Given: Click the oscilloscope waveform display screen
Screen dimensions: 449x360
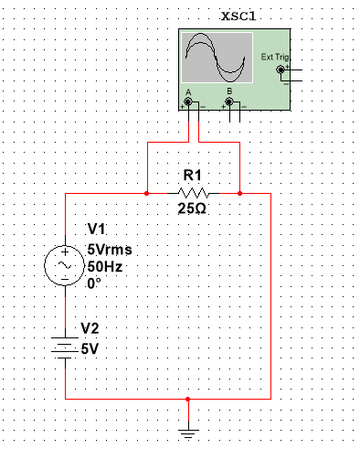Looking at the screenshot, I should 217,58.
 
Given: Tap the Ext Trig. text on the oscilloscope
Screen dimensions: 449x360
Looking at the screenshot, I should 273,57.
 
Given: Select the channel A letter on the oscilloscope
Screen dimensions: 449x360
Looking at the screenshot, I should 187,92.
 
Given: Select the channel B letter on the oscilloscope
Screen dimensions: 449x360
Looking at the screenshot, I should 229,92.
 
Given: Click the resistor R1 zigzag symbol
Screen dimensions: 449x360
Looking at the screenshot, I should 193,194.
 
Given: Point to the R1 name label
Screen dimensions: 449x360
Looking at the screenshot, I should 192,175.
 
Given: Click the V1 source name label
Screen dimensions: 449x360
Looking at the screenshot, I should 97,230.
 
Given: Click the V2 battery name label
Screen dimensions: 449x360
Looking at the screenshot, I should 91,327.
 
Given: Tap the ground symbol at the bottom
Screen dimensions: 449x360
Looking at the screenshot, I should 187,433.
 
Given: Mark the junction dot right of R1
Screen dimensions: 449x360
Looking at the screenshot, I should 238,194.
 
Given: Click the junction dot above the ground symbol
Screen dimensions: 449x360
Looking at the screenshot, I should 187,400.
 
